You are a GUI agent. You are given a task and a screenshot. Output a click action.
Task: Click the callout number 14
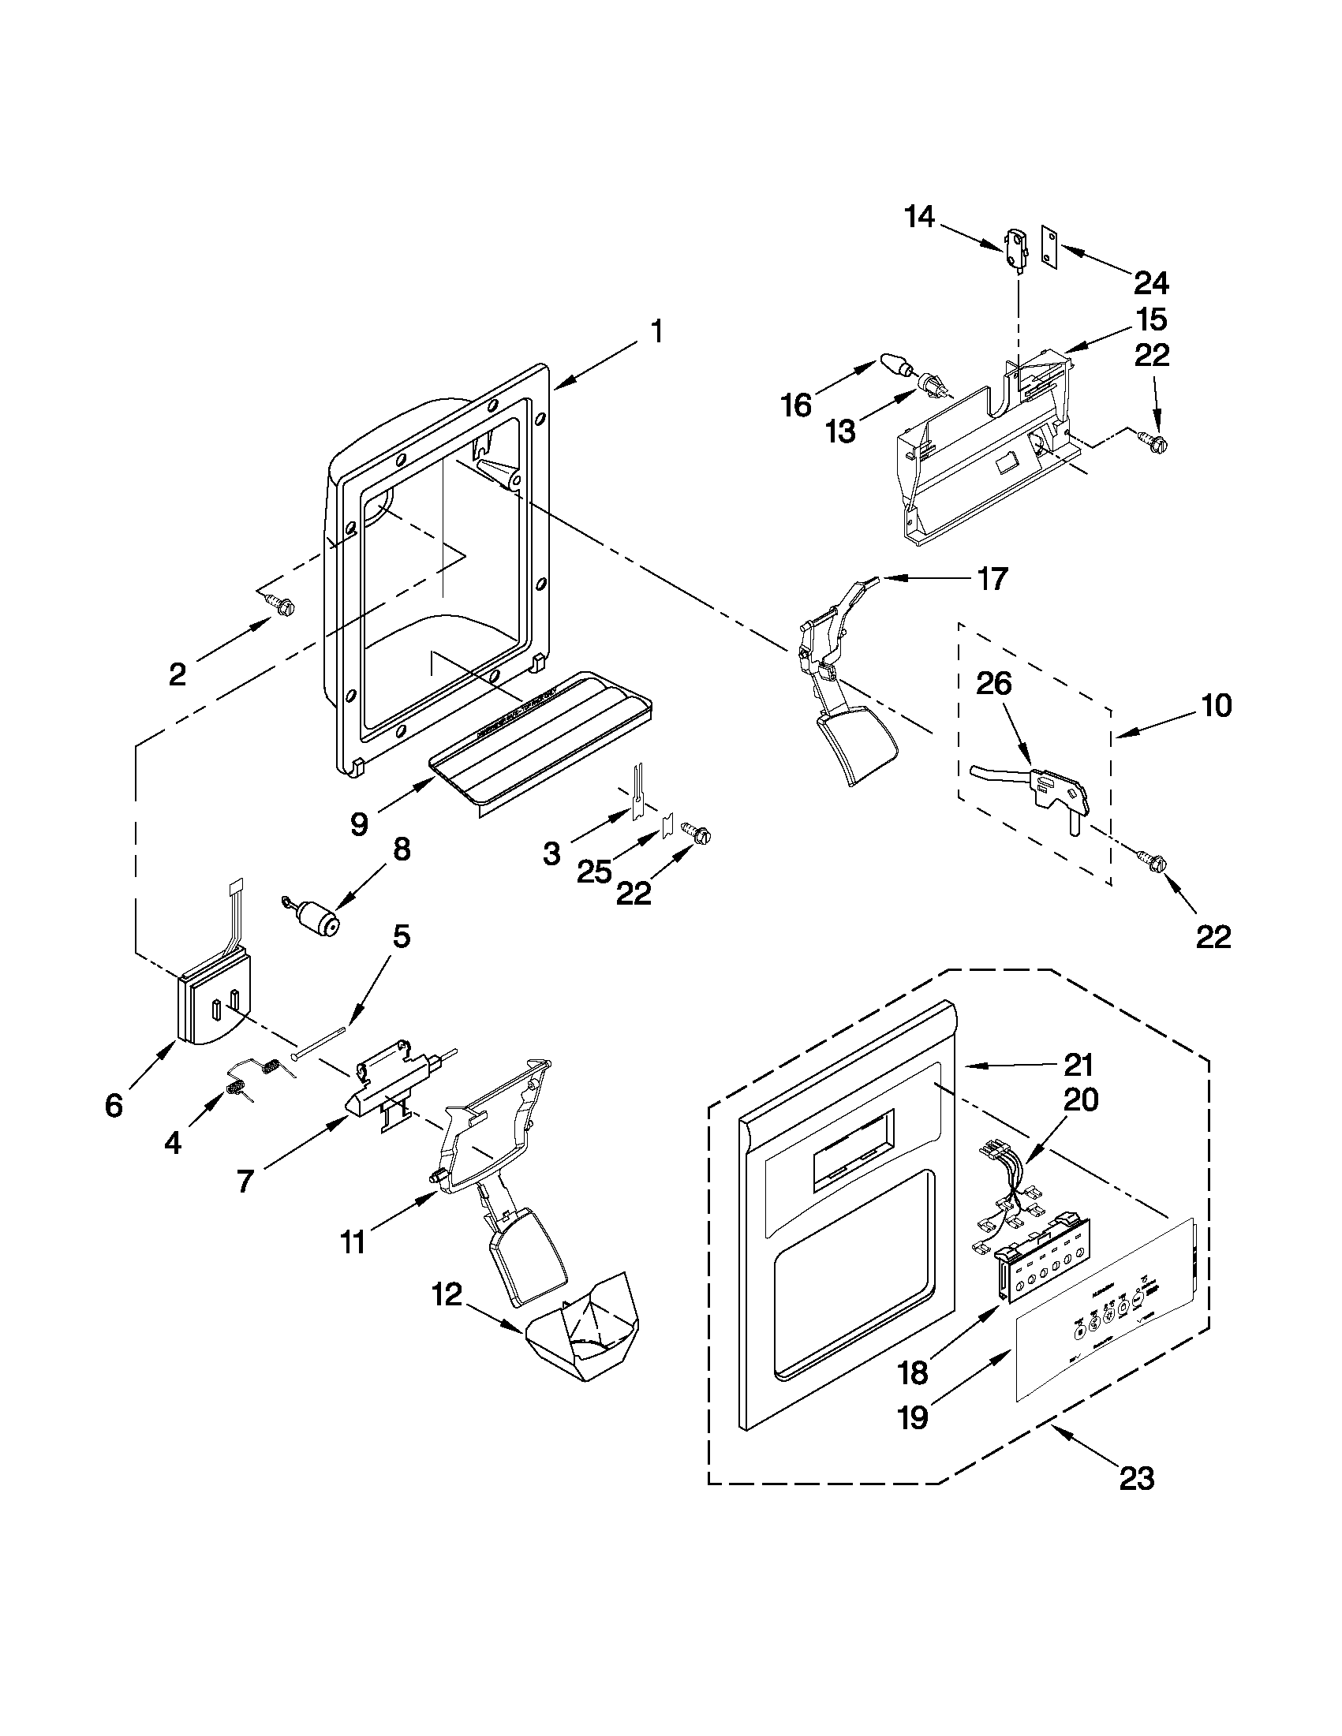point(920,216)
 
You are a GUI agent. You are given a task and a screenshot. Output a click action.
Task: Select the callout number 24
point(1152,282)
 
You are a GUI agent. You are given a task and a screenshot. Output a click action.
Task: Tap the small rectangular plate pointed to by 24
point(1050,248)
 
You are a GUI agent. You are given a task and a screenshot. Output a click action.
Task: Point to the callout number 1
point(656,331)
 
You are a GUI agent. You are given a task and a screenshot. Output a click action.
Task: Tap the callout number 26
point(994,684)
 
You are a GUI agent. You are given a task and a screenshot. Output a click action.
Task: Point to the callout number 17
point(992,579)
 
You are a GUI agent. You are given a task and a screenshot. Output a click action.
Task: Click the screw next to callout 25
point(701,835)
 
